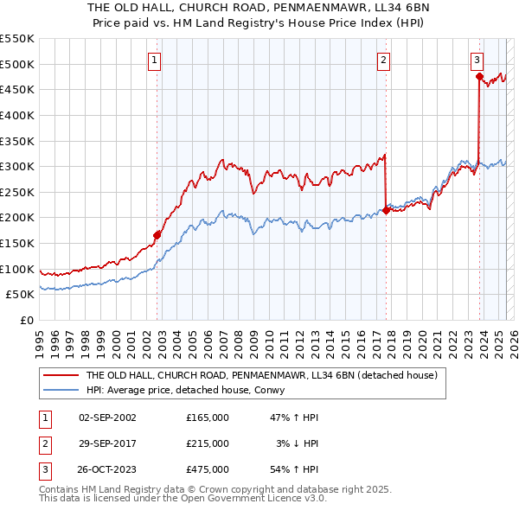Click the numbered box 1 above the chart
pos(153,61)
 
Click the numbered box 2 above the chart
pos(382,61)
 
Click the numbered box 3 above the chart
pos(477,61)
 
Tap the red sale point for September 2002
pos(157,234)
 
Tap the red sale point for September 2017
pos(386,209)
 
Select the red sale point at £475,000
pos(479,76)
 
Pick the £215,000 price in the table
pos(208,443)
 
